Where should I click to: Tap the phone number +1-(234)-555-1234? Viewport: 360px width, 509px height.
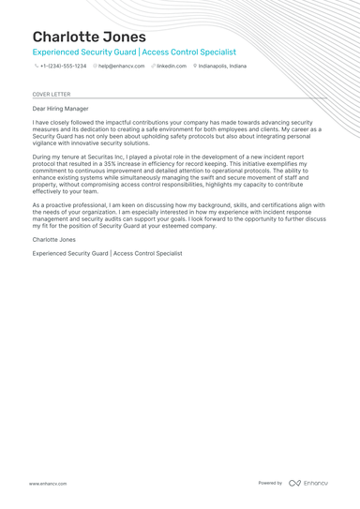pos(63,67)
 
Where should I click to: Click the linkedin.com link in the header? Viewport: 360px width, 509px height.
pos(172,67)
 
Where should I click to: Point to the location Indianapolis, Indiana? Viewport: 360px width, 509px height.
pos(222,67)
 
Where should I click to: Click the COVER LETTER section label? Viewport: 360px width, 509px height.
pos(51,95)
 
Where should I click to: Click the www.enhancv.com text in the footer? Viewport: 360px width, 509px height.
pos(47,483)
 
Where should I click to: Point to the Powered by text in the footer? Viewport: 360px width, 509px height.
pos(270,483)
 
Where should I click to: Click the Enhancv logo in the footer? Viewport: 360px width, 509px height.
pos(308,483)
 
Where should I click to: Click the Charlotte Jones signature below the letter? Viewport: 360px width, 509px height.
pos(54,241)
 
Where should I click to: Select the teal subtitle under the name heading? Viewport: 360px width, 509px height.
pos(134,52)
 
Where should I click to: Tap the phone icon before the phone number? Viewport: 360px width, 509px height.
pos(36,67)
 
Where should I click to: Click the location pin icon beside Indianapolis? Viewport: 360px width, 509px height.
pos(195,67)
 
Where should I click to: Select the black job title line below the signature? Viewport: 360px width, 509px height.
pos(107,253)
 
